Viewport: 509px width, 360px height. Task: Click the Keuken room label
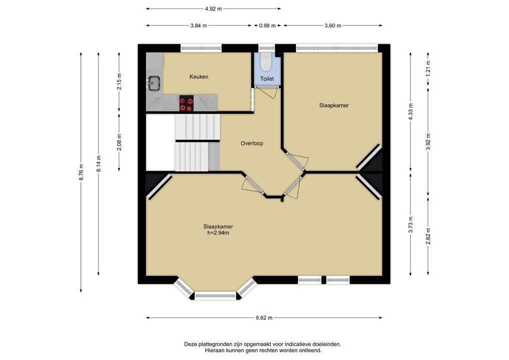(199, 77)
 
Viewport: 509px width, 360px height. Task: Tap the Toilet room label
(267, 79)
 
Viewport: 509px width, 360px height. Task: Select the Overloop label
(252, 143)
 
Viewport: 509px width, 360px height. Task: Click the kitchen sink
(154, 82)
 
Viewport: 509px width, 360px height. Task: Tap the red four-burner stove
(186, 103)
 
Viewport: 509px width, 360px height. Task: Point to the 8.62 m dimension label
(264, 318)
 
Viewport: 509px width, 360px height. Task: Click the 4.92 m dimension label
(213, 9)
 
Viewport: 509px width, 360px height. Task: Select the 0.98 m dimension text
(267, 25)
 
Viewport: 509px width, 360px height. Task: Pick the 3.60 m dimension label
(332, 25)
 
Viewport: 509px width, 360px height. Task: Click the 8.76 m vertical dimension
(81, 172)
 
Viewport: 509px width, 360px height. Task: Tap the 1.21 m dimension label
(428, 67)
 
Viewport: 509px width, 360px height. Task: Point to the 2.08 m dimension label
(119, 142)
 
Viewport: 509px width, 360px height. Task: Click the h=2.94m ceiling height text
(218, 233)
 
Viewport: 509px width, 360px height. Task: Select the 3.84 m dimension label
(198, 25)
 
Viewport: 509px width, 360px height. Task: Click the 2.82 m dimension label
(428, 236)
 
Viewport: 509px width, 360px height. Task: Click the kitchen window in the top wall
(201, 48)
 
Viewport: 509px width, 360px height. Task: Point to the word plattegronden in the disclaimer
(217, 344)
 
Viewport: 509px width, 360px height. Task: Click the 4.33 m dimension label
(410, 111)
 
